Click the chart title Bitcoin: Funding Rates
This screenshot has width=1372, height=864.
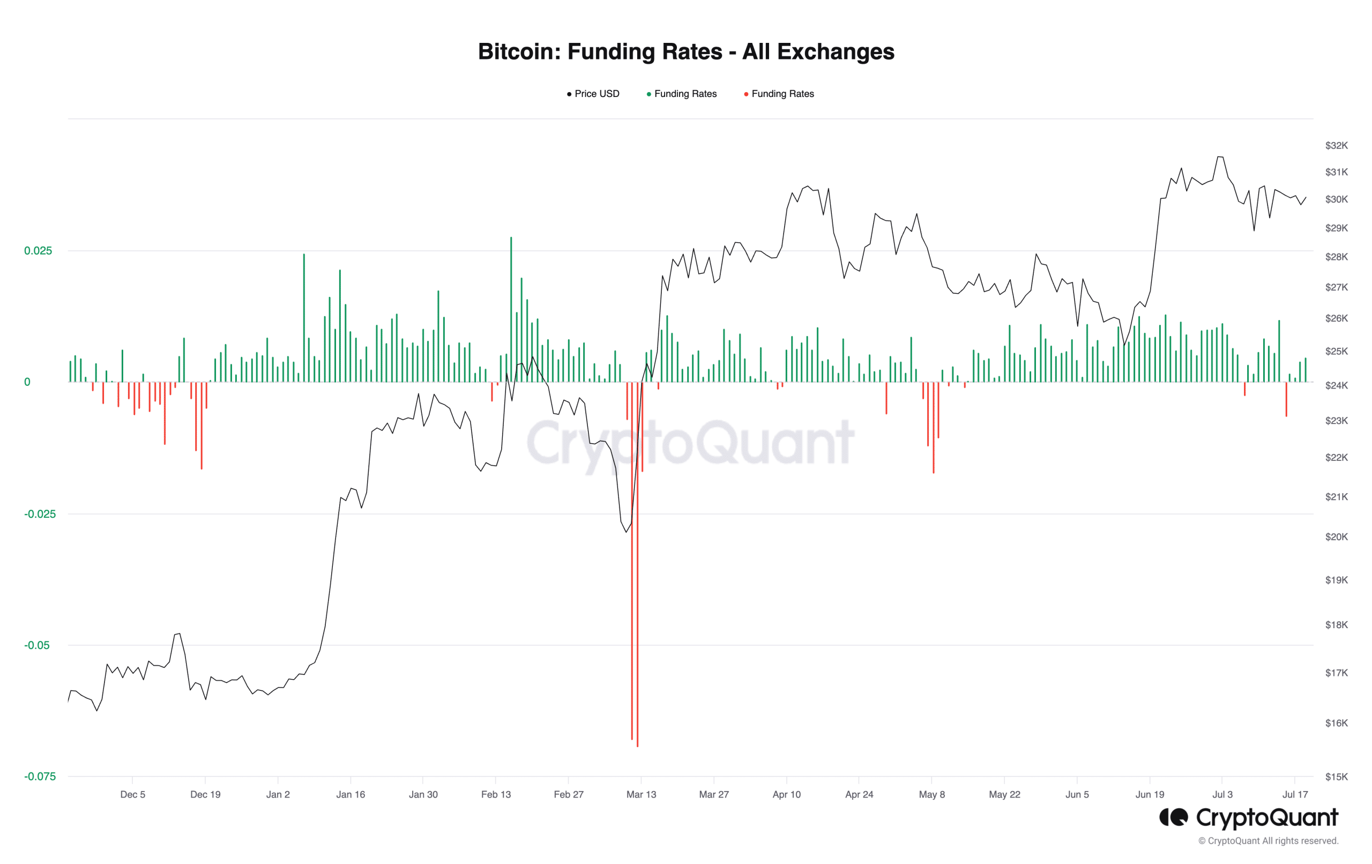[685, 52]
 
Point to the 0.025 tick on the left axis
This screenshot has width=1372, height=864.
[38, 251]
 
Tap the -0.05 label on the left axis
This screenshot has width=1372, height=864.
[37, 645]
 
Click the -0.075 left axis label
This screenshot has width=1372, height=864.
[40, 776]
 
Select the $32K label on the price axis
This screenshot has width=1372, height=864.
[1336, 145]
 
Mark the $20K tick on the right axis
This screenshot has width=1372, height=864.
[1336, 537]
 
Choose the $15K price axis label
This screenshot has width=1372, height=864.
[1336, 777]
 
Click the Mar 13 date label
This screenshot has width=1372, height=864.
[641, 794]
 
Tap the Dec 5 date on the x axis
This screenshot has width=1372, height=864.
[133, 794]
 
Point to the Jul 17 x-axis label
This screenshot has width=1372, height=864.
[1295, 794]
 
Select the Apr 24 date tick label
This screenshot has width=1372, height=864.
[859, 794]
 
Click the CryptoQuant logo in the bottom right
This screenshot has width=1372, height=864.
[1248, 818]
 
